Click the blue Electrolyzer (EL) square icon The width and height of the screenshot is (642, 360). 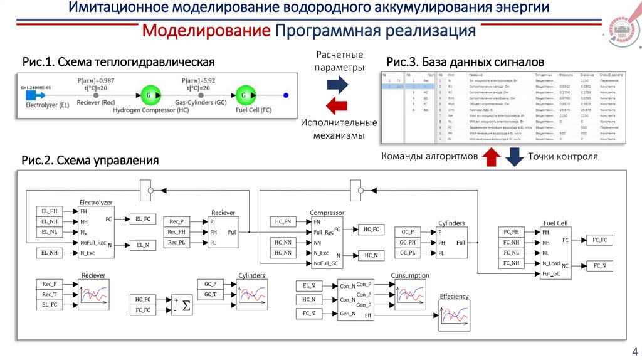[x=38, y=95]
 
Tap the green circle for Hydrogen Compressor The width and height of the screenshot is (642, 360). [x=149, y=95]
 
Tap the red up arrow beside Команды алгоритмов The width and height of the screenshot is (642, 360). [x=491, y=156]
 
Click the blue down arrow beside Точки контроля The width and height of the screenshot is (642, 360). [x=514, y=156]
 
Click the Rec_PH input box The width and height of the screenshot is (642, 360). [x=177, y=232]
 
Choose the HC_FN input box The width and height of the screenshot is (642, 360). [x=283, y=221]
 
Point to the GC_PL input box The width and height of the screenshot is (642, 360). [x=408, y=253]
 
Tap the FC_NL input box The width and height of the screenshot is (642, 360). [x=511, y=253]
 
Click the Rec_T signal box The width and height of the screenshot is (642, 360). [x=49, y=294]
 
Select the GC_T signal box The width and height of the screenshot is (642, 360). [x=210, y=294]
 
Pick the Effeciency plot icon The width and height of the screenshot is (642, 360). [x=454, y=315]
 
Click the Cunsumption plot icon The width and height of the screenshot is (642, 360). [x=410, y=294]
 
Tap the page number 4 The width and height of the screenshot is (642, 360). [x=634, y=351]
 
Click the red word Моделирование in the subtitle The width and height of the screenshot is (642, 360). [x=206, y=31]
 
